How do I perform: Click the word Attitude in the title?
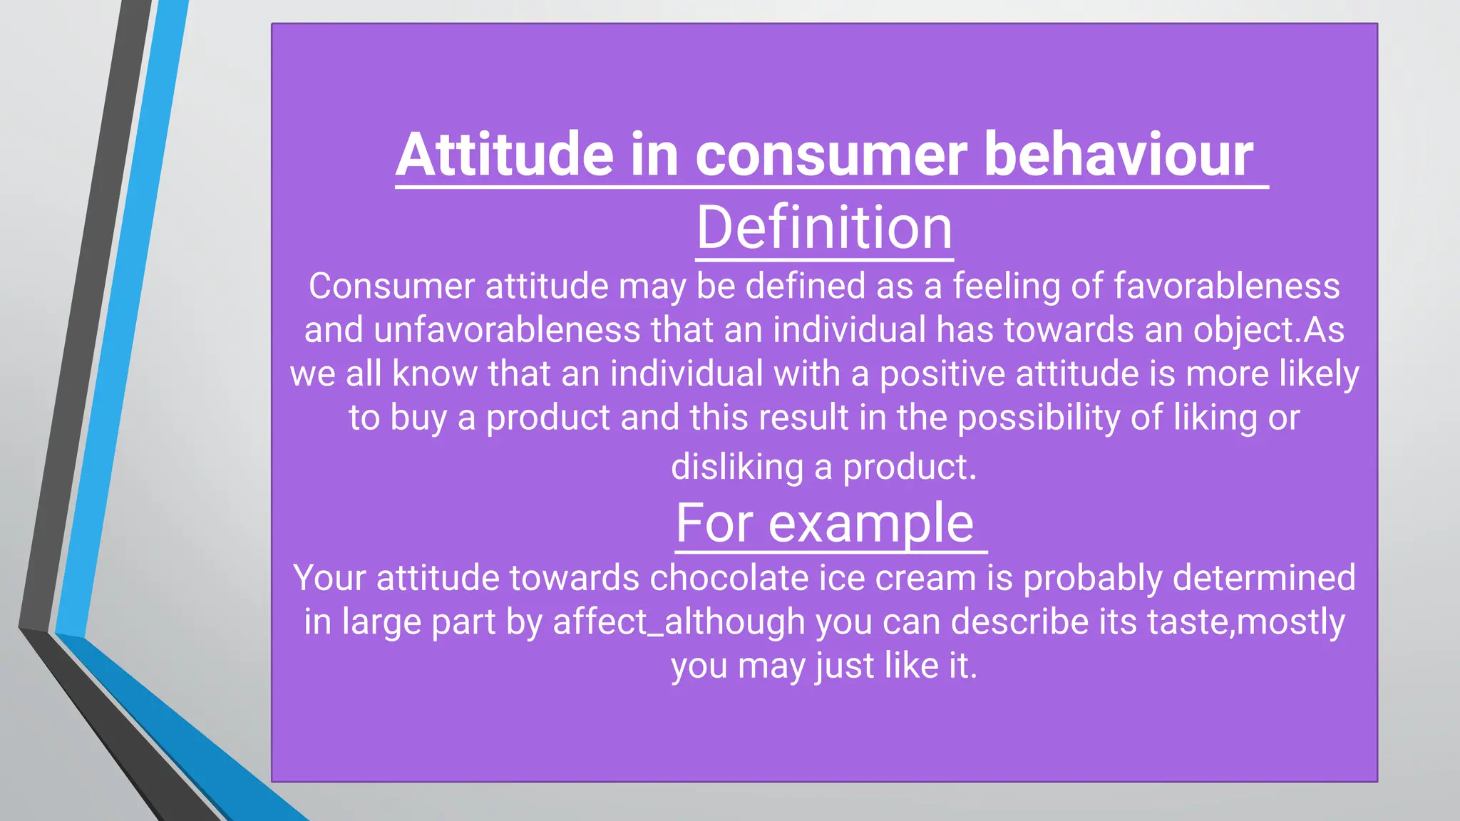(505, 155)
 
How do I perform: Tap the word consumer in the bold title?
(831, 155)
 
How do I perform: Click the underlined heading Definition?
(824, 228)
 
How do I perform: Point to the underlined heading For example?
(824, 523)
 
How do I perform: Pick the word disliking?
(737, 468)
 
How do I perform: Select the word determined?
(1263, 578)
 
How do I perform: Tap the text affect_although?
(679, 622)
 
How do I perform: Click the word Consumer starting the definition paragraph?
(391, 286)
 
